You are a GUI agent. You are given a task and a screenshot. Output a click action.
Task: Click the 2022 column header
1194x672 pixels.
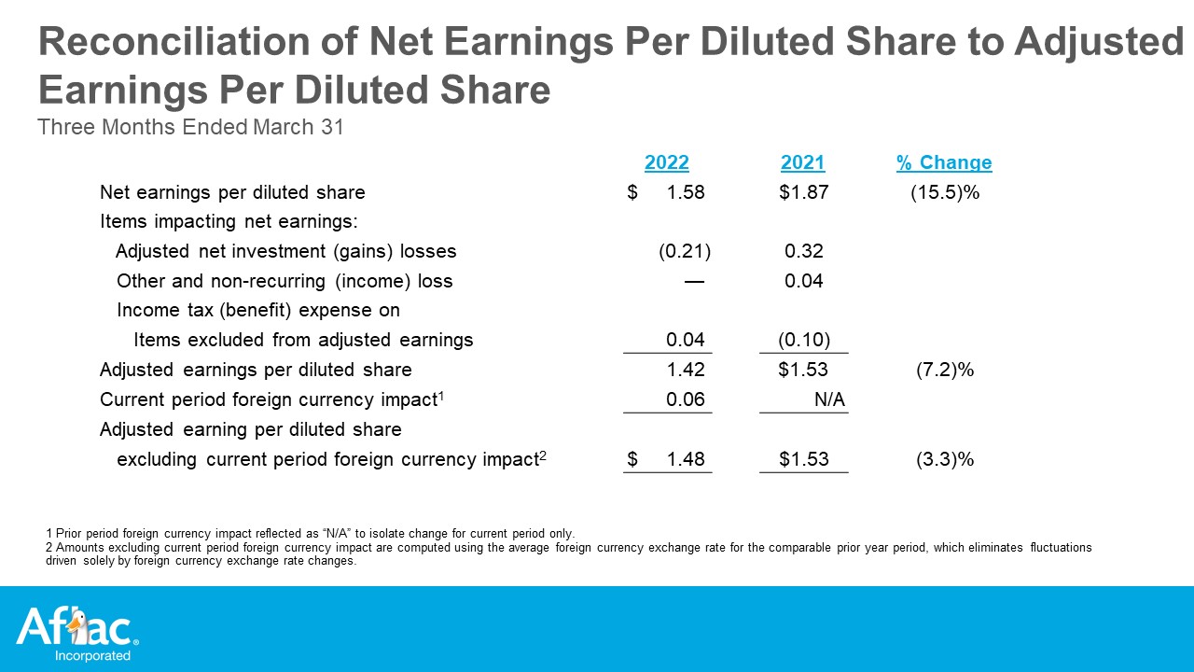666,162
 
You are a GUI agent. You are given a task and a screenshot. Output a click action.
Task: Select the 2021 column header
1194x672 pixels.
802,162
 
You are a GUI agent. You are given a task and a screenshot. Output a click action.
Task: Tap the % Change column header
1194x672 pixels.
944,162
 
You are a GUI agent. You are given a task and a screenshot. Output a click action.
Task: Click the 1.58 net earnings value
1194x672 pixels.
686,192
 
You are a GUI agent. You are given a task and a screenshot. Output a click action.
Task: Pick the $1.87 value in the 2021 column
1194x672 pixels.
804,192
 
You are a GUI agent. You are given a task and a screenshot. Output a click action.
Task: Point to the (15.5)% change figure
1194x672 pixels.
945,192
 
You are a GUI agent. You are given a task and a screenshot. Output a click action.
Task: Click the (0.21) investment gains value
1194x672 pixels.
685,251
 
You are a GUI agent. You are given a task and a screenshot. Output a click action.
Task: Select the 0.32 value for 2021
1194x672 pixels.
804,251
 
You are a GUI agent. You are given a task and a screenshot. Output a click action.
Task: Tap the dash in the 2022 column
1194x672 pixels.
694,281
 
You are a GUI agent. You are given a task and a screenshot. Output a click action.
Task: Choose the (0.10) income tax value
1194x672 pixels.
804,340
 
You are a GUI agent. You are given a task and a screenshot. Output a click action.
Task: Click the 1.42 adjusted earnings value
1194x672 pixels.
686,369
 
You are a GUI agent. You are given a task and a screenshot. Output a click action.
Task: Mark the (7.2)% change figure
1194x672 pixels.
945,369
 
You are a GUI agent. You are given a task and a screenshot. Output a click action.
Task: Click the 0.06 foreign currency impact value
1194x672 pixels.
686,399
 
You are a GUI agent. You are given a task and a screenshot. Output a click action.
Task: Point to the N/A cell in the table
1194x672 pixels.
829,399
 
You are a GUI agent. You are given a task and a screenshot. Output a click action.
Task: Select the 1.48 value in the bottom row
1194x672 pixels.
686,458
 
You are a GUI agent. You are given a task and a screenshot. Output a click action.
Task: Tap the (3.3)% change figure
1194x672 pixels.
945,458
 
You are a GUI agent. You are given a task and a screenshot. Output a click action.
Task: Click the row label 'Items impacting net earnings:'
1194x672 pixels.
229,221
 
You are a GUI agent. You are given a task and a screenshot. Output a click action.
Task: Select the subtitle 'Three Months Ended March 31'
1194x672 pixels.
190,127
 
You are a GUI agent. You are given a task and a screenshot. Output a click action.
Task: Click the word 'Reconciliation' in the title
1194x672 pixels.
174,41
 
